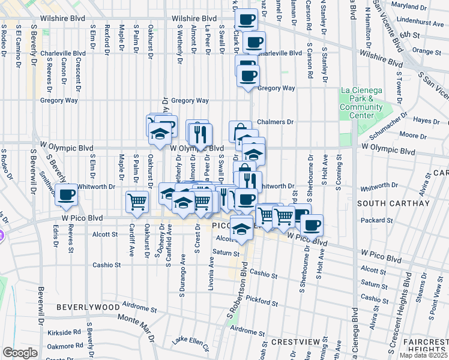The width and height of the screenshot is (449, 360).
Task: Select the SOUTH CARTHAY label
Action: tap(393, 203)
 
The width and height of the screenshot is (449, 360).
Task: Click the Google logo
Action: tap(20, 352)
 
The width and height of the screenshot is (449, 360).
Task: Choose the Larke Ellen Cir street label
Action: tap(190, 344)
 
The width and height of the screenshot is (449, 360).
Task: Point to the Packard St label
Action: tap(376, 221)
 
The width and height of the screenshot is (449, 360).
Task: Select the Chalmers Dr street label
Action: tap(277, 122)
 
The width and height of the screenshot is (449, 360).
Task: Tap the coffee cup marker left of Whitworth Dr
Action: tap(66, 194)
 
